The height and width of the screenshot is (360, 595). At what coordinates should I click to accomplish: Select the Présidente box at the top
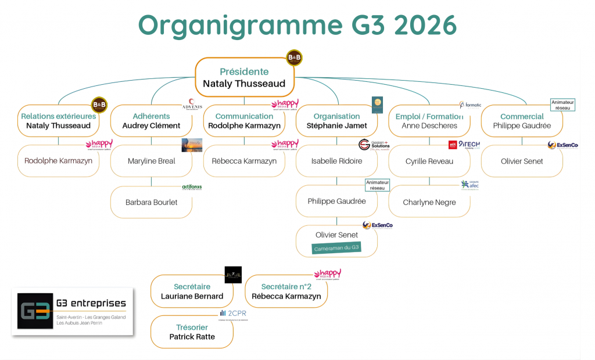[x=244, y=78]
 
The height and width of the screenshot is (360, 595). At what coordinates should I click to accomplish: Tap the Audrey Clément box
[x=151, y=121]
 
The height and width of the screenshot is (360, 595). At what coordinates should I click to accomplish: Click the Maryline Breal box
[x=151, y=161]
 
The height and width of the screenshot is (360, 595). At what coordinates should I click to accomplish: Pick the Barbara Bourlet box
[x=151, y=202]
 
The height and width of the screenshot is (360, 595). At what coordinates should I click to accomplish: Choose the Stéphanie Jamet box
[x=336, y=121]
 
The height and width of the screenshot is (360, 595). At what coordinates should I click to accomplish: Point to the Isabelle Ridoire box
[x=336, y=161]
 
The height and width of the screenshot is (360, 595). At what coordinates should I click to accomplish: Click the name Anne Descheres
[x=429, y=125]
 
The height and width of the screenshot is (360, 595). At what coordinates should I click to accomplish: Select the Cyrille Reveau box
[x=429, y=161]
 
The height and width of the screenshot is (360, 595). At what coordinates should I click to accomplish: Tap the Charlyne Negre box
[x=429, y=202]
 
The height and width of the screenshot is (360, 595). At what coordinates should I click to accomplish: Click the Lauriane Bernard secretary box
[x=192, y=291]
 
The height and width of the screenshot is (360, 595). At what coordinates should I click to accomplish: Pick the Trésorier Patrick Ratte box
[x=192, y=332]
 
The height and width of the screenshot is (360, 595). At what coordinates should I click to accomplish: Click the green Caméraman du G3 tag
[x=337, y=248]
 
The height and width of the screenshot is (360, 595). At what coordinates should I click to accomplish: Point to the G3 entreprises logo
[x=73, y=311]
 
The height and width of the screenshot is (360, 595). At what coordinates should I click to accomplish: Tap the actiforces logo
[x=192, y=187]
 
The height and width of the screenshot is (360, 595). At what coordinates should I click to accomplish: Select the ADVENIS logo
[x=192, y=105]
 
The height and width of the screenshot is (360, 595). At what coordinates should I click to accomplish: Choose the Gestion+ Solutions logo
[x=374, y=145]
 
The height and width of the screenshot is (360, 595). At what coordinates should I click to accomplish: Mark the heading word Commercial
[x=522, y=116]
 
